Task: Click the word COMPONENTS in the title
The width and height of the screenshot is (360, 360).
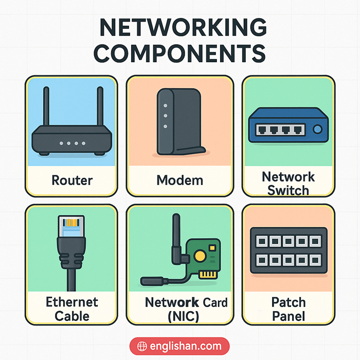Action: [179, 52]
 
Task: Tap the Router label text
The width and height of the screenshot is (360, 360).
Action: [72, 181]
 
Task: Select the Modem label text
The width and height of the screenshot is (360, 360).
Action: [179, 181]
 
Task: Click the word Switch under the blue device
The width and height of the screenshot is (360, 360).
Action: [288, 190]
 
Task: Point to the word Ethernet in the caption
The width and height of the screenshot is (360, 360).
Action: [72, 302]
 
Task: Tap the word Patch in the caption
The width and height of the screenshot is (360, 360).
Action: [288, 302]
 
